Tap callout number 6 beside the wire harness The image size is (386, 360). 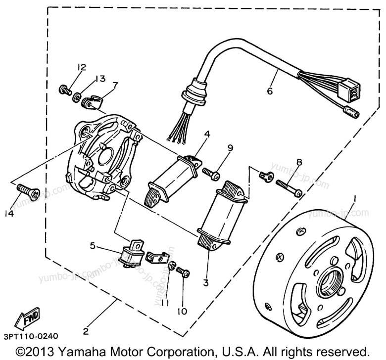(269, 91)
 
